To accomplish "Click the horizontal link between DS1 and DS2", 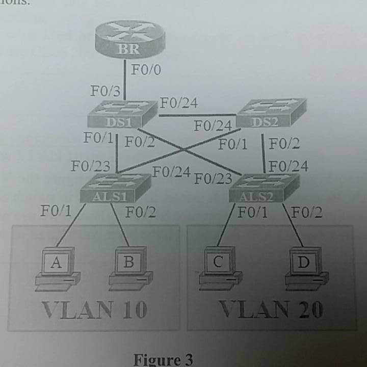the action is point(196,115).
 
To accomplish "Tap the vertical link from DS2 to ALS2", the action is point(263,152).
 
